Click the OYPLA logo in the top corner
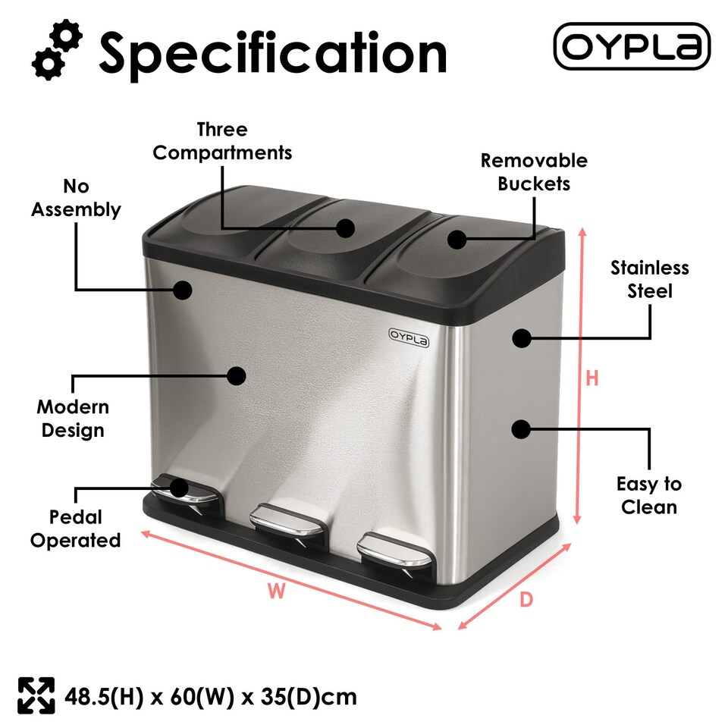(632, 46)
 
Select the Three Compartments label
(222, 141)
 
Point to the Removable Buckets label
(534, 172)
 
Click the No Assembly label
(76, 198)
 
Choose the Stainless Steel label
(650, 279)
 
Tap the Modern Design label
(73, 419)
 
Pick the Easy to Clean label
(648, 495)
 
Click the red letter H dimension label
(592, 378)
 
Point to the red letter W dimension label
(277, 591)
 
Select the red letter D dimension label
(526, 600)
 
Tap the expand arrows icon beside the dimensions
(36, 695)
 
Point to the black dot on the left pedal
(180, 486)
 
